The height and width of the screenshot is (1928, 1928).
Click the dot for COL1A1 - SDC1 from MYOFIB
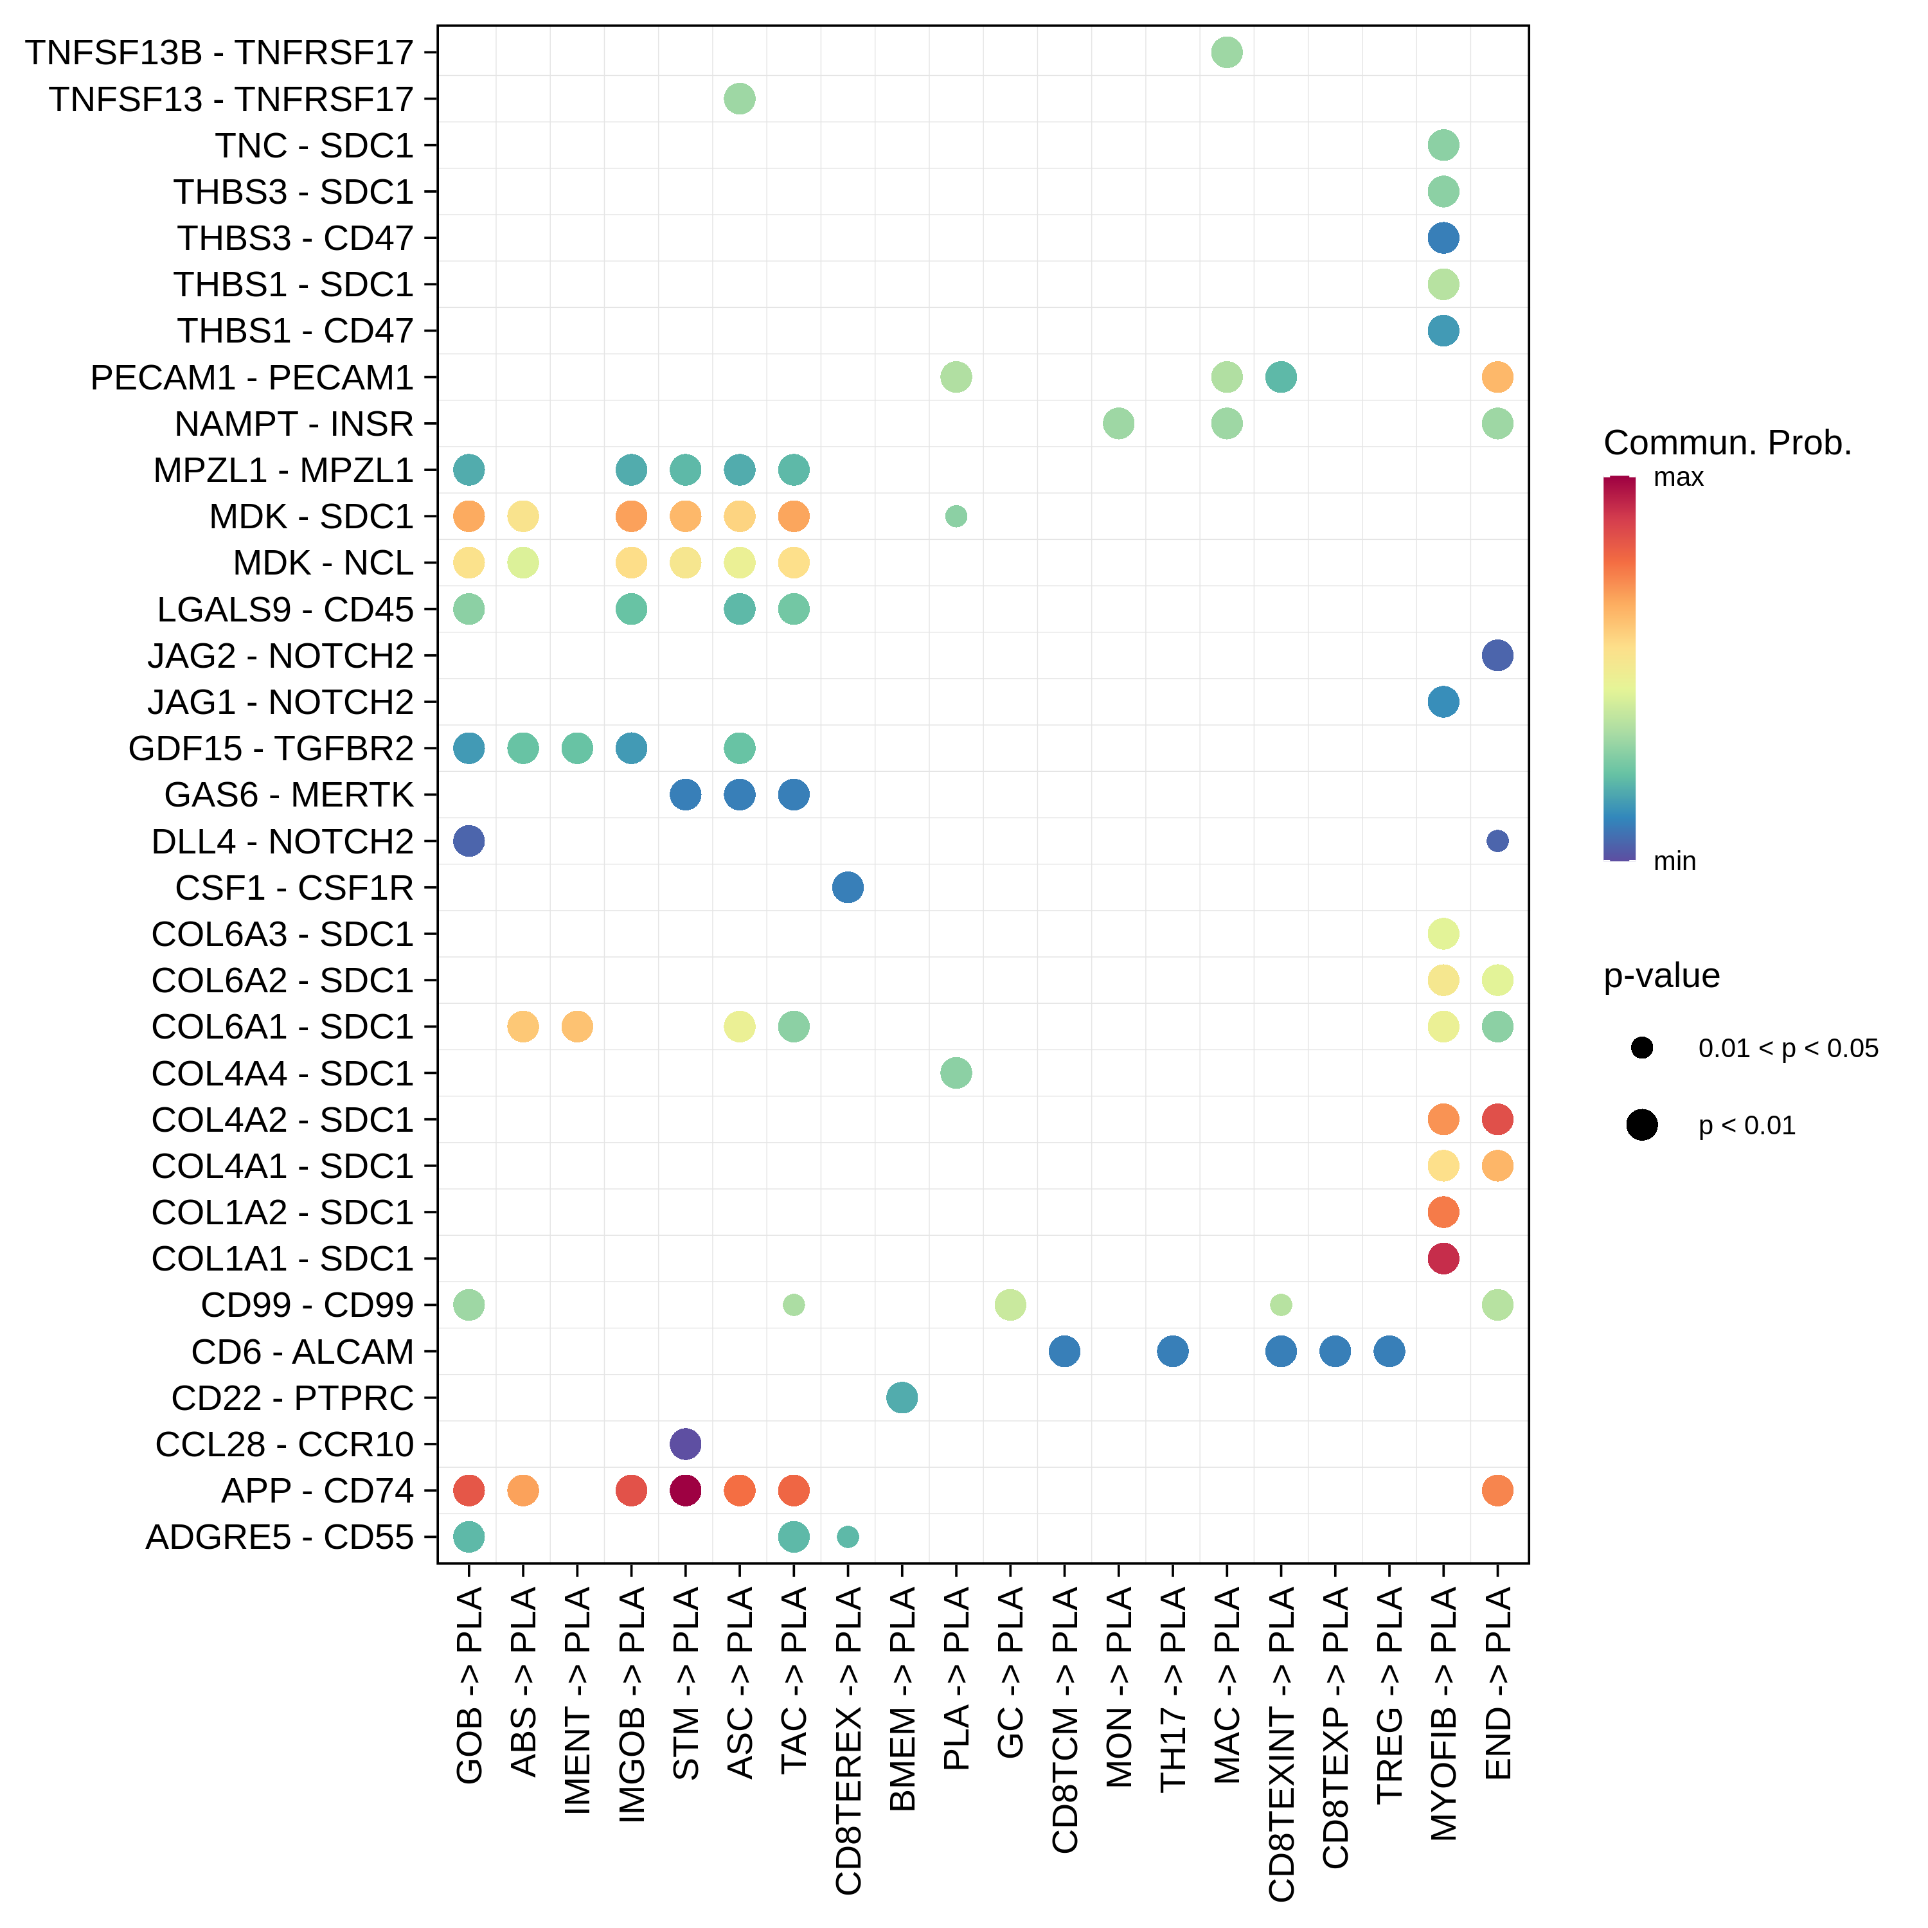point(1443,1258)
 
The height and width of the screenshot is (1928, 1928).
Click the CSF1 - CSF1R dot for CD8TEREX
point(847,887)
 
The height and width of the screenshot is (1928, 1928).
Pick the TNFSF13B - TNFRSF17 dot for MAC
point(1226,52)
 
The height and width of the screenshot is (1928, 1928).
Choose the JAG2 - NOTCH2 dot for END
point(1497,656)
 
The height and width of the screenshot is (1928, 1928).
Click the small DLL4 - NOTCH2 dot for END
point(1497,841)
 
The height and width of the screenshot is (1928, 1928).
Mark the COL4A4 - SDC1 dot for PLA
point(956,1073)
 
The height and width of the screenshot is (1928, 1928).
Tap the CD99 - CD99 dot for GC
point(1010,1305)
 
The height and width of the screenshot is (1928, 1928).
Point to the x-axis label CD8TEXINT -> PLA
point(1281,1742)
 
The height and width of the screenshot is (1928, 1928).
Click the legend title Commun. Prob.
point(1726,443)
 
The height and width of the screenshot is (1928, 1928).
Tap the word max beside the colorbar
point(1679,478)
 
